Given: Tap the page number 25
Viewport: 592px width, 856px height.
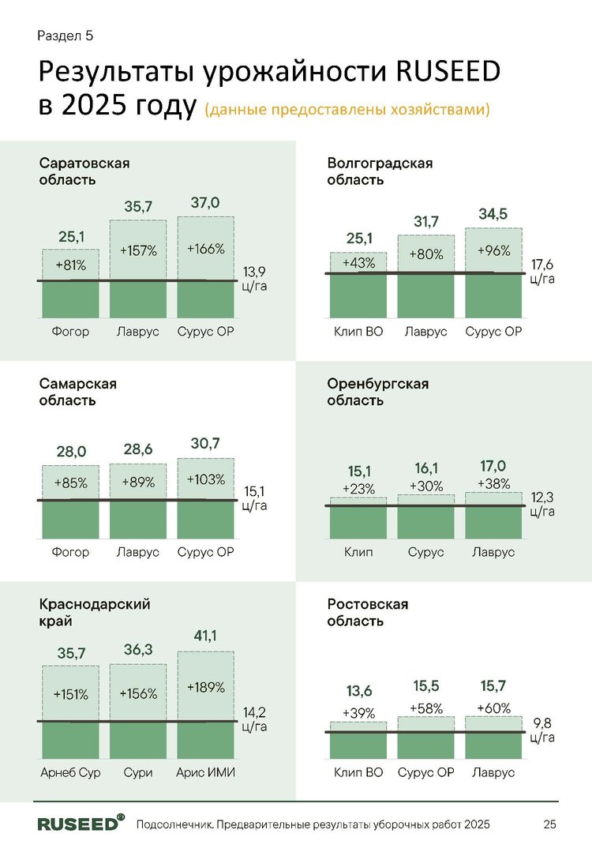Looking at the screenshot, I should tap(549, 824).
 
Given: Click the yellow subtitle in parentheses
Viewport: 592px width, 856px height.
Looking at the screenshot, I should tap(347, 109).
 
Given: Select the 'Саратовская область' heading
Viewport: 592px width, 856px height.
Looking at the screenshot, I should tap(84, 171).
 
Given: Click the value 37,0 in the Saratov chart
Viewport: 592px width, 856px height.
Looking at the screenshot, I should tap(205, 203).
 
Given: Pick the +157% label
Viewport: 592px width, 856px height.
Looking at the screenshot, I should tap(138, 251).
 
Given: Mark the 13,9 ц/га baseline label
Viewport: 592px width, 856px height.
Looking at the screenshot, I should tap(254, 279).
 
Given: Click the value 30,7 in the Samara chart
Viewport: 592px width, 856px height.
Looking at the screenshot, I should tap(205, 445).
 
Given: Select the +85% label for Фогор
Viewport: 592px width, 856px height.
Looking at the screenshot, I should tap(70, 482).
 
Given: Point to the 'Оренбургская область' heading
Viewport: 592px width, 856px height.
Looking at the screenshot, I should tap(377, 392).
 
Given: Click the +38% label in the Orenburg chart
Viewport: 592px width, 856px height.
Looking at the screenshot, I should tap(493, 483).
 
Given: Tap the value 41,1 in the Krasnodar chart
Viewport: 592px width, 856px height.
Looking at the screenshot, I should tap(205, 634).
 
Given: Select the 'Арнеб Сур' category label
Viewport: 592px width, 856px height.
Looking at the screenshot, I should tap(70, 772).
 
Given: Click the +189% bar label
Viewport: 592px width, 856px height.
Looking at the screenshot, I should tap(205, 687).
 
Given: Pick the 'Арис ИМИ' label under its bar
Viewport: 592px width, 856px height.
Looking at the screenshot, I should tap(205, 772).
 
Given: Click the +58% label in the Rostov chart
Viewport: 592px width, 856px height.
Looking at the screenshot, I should tap(426, 708).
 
